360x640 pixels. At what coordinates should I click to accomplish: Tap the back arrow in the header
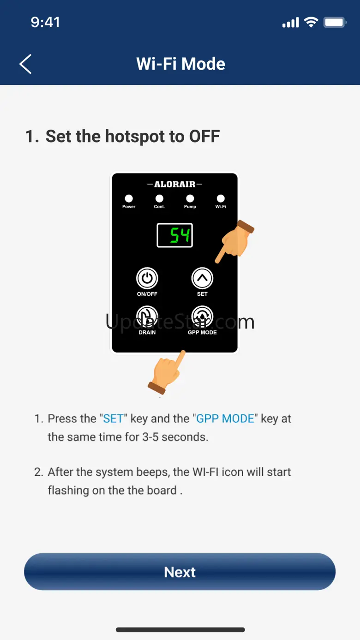(25, 64)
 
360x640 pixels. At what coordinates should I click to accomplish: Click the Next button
(180, 572)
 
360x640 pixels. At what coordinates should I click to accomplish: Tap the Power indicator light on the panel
(129, 198)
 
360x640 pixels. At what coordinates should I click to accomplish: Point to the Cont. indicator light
(159, 198)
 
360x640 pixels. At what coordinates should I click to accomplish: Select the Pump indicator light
(190, 198)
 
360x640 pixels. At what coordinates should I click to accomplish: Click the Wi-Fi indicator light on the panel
(221, 198)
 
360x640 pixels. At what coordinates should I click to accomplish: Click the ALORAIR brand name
(174, 184)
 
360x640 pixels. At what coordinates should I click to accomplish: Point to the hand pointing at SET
(235, 241)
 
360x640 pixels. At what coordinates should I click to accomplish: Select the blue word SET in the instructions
(113, 419)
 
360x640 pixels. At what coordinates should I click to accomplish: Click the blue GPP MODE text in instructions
(225, 419)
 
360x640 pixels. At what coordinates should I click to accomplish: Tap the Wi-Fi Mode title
(180, 64)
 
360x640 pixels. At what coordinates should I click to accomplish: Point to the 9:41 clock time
(45, 22)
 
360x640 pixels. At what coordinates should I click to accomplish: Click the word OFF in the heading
(204, 136)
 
